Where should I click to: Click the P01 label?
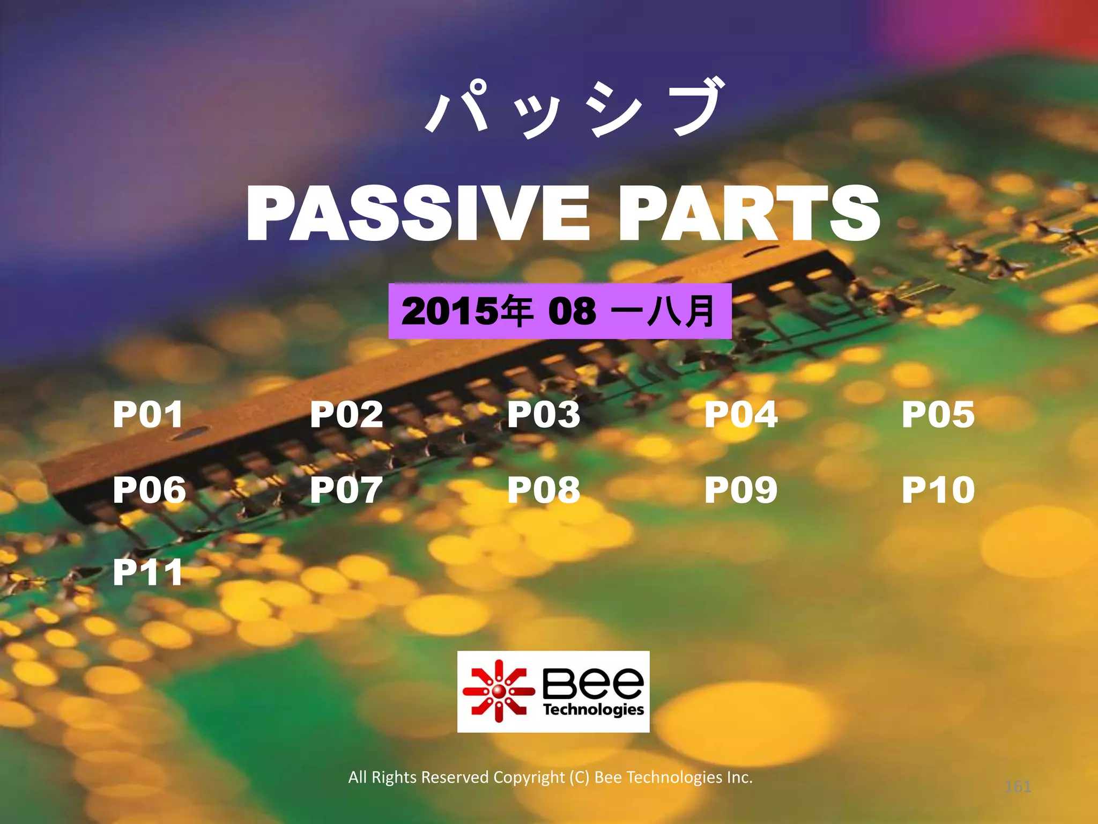pos(148,414)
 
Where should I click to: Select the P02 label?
pos(346,414)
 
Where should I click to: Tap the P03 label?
pos(544,414)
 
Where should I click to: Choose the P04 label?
pos(741,414)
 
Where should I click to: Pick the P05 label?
pos(938,414)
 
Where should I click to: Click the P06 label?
pos(149,489)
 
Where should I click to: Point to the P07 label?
pos(346,489)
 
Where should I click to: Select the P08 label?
pos(544,489)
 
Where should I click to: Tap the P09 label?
pos(741,489)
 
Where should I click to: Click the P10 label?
pos(938,489)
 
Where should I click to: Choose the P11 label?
pos(148,572)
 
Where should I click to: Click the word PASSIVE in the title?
pos(418,213)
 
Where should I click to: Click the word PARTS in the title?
pos(749,213)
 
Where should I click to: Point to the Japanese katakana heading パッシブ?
pos(574,107)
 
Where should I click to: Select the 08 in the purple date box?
pos(572,311)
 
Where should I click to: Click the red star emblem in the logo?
pos(499,691)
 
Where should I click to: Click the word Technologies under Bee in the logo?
pos(593,710)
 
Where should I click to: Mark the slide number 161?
pos(1018,786)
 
